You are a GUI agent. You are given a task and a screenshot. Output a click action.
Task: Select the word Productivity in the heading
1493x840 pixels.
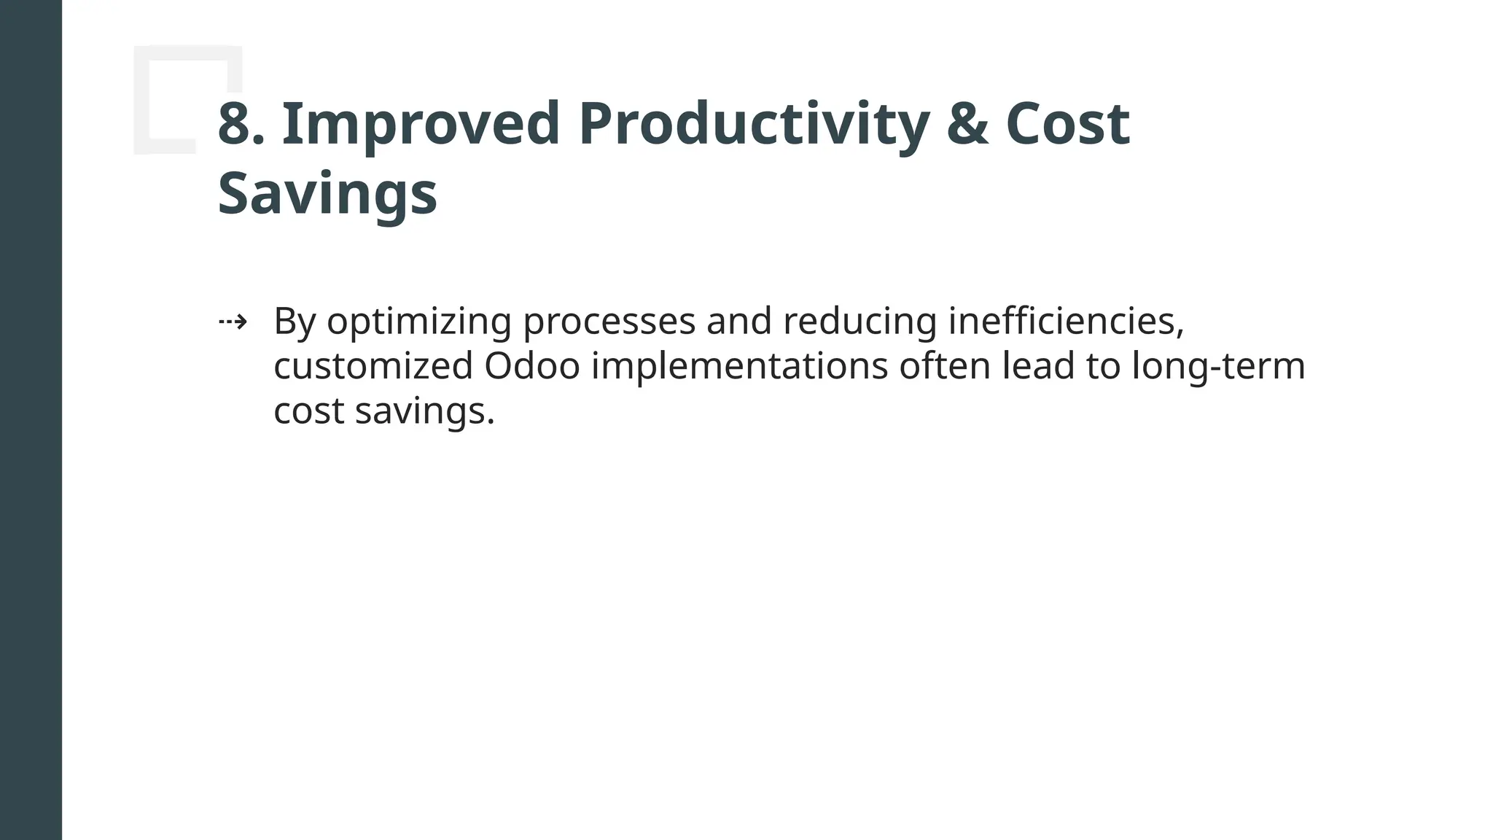pos(754,124)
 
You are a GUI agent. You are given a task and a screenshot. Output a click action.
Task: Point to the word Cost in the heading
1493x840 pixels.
pos(1067,124)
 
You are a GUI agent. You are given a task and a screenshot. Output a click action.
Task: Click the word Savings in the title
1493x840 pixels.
pos(327,194)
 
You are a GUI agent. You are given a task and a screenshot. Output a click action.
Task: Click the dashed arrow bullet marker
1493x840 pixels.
pos(233,322)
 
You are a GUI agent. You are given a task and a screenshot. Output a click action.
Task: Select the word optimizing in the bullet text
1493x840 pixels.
pos(418,322)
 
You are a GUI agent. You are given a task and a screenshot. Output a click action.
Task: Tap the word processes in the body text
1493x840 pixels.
pos(609,322)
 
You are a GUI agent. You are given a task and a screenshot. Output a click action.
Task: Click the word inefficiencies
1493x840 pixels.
pos(1066,322)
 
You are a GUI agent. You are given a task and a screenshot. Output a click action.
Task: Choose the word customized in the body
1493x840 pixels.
pos(373,366)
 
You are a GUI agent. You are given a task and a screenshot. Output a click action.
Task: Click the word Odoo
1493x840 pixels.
pos(531,366)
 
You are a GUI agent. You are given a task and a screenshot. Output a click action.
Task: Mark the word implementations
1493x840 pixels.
pos(739,366)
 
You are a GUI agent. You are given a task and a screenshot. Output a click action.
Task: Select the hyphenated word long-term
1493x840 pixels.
pos(1217,366)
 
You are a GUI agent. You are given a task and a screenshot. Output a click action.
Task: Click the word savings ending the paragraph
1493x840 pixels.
pos(424,411)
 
